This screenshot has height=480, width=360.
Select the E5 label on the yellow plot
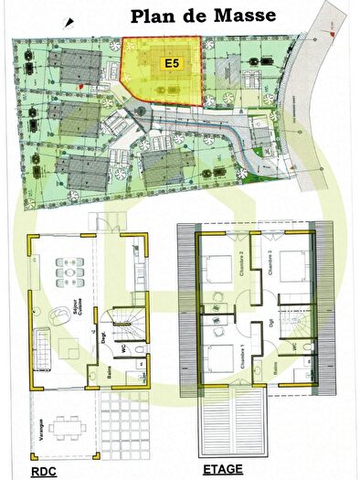(171, 63)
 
